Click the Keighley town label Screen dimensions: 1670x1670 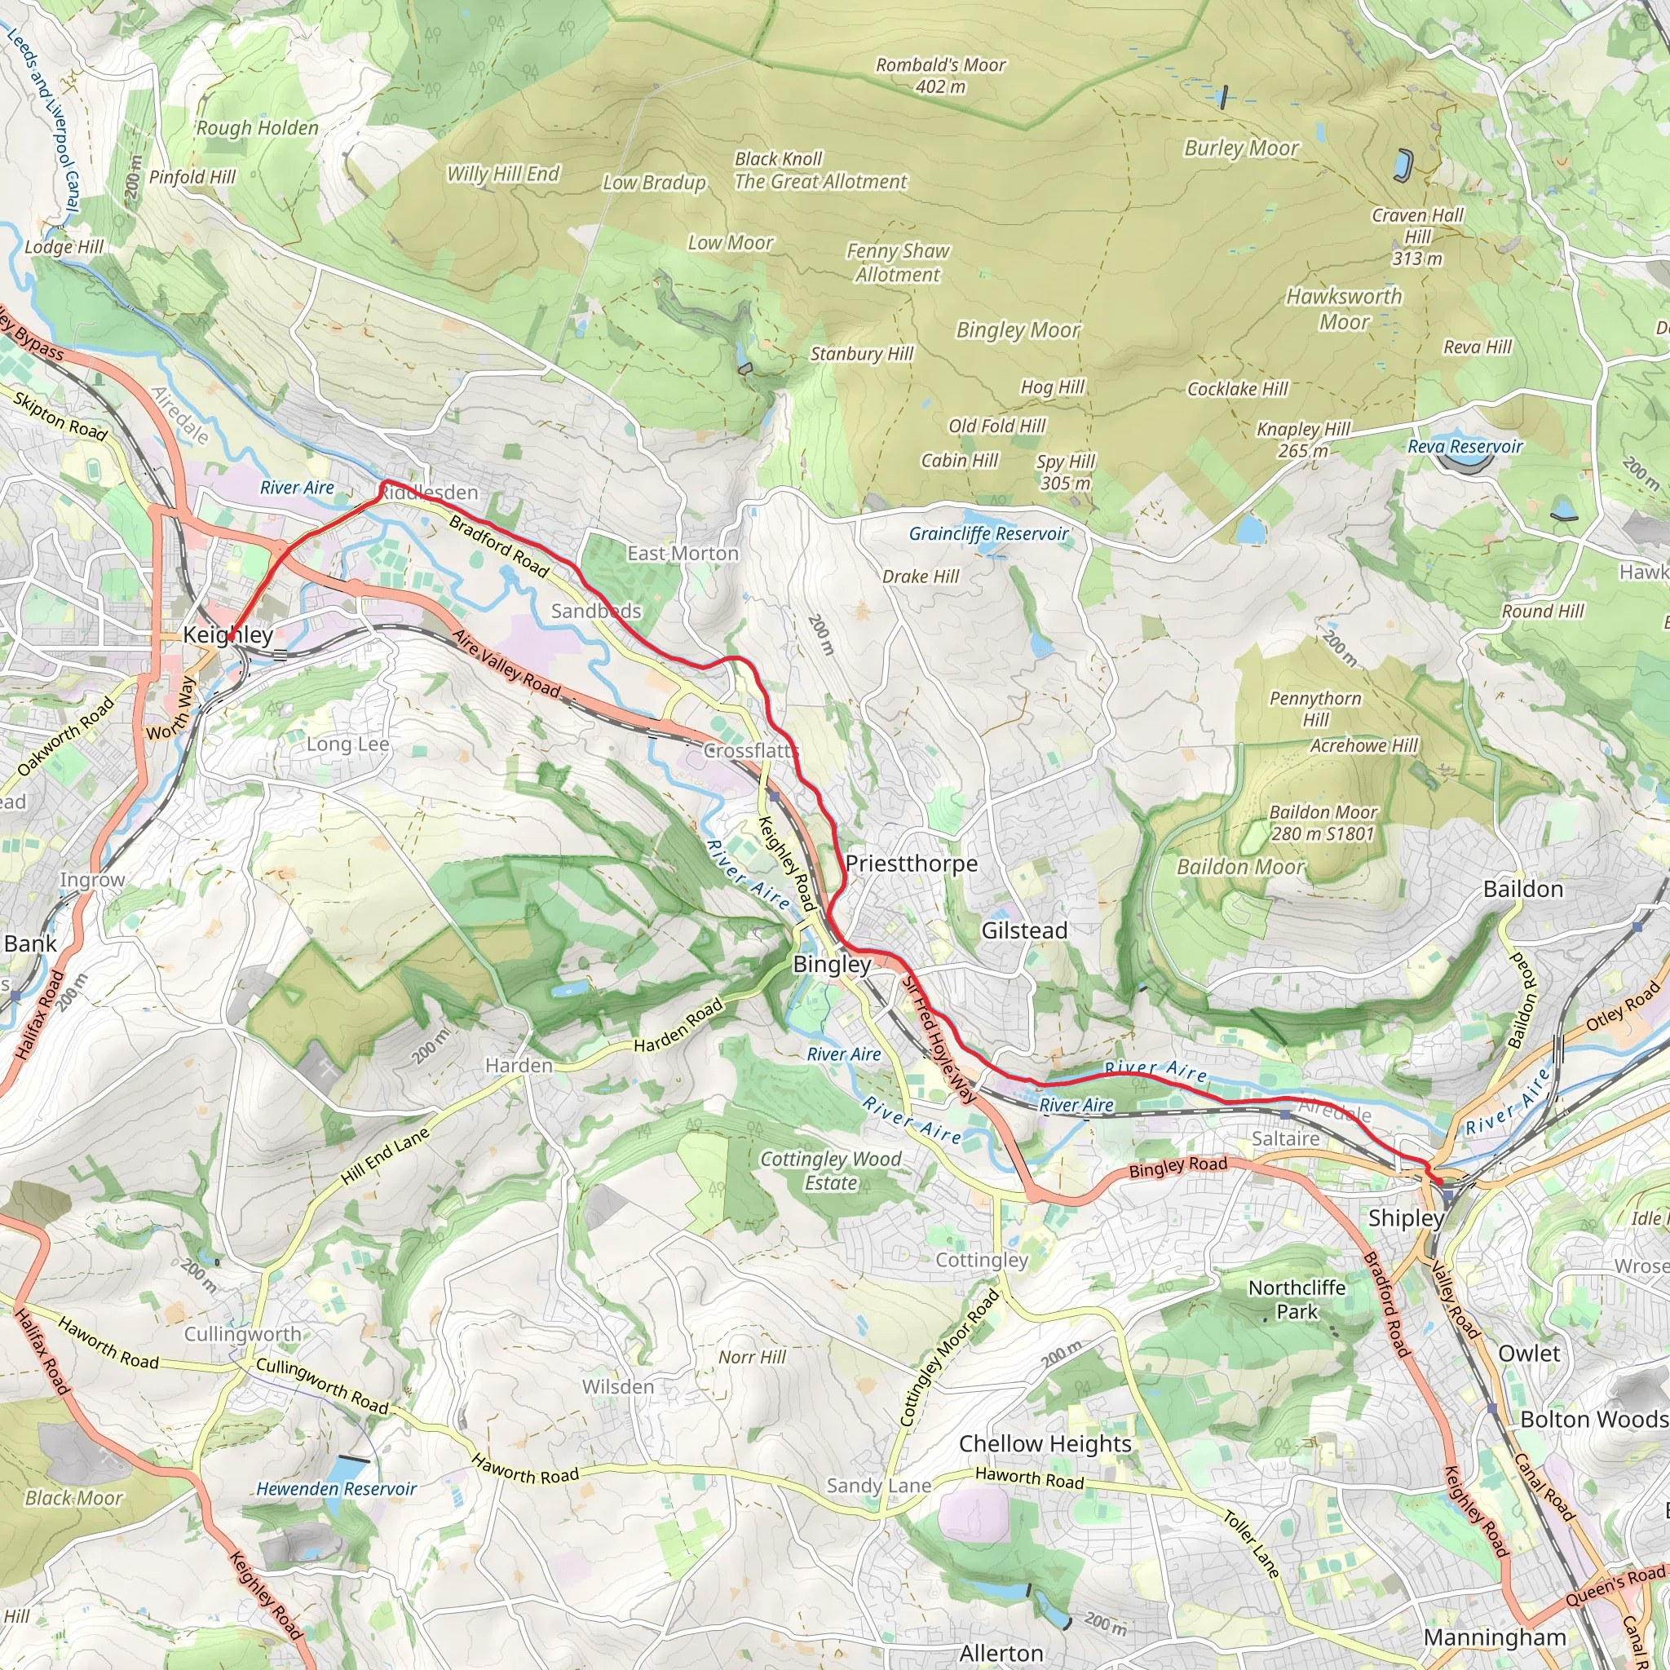click(228, 634)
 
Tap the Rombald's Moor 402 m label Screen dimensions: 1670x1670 click(940, 75)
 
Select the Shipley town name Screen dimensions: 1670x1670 click(1406, 1218)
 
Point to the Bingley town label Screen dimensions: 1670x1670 click(832, 964)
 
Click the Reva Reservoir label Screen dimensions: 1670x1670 click(1465, 446)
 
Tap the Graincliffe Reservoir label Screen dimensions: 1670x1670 click(988, 533)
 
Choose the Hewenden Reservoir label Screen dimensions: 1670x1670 click(336, 1488)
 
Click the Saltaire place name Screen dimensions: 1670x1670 click(1285, 1138)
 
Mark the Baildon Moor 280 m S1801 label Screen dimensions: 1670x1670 click(1323, 823)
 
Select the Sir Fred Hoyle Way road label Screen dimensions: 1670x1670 click(939, 1037)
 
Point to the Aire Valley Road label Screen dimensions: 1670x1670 click(507, 664)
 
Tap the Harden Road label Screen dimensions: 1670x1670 click(678, 1027)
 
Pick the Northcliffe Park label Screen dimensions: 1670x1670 click(1297, 1299)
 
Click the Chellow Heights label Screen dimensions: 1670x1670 click(1045, 1443)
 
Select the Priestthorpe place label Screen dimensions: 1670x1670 click(911, 864)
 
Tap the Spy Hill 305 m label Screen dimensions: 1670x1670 click(1065, 472)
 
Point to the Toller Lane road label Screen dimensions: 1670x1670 click(1251, 1544)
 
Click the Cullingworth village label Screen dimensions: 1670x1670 click(243, 1334)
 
